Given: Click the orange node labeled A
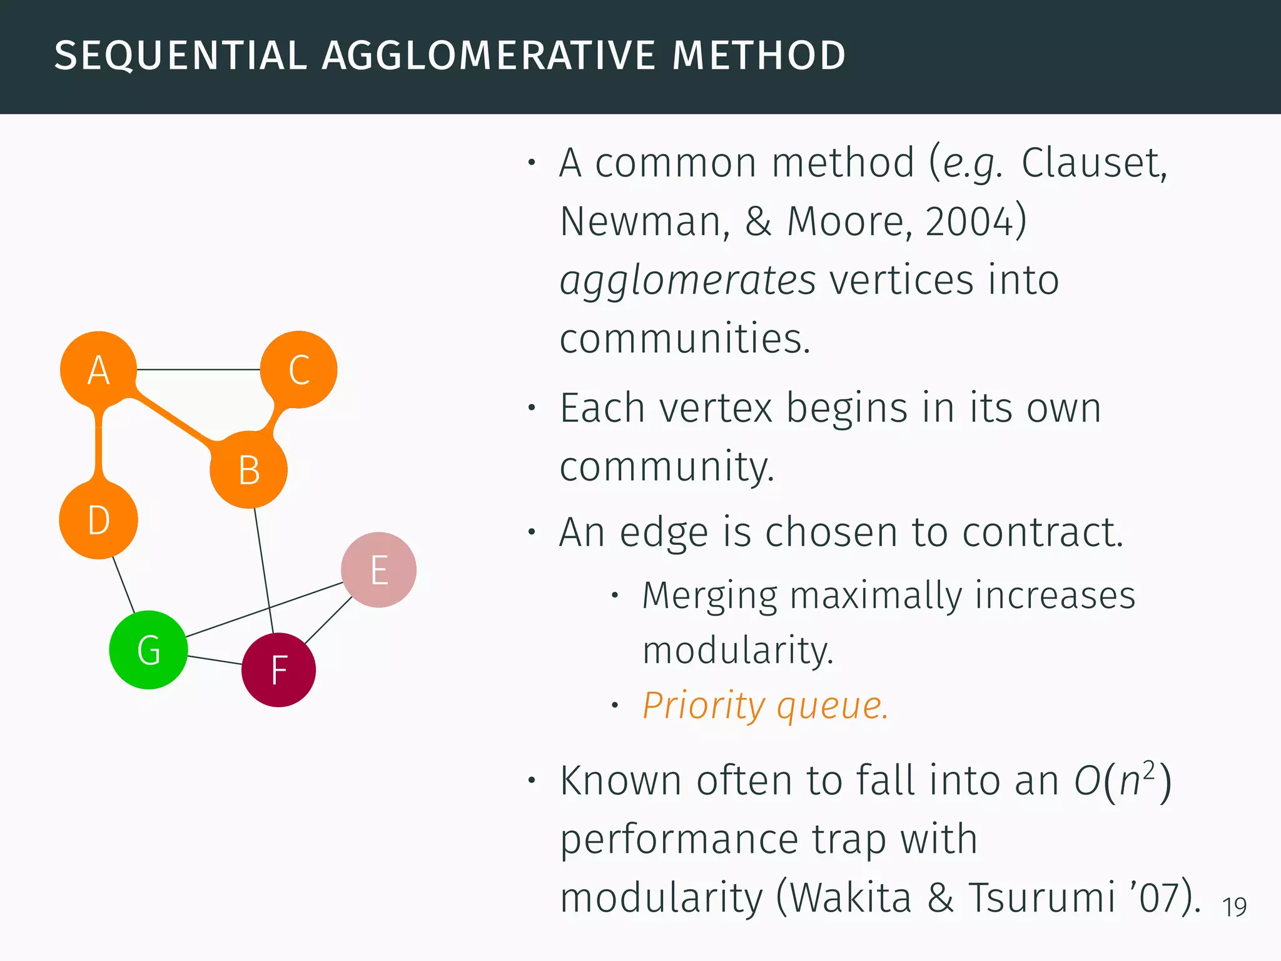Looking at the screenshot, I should tap(98, 369).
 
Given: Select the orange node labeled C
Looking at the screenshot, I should tap(299, 369).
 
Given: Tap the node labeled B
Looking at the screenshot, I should tap(249, 470).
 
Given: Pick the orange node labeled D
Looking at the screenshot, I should tap(98, 520).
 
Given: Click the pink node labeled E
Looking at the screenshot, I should tap(378, 570).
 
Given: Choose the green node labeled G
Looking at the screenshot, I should tap(148, 650).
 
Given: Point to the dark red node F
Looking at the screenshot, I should tap(278, 670).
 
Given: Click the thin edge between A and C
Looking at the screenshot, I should tap(198, 370).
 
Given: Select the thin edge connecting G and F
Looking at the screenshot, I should tap(215, 660).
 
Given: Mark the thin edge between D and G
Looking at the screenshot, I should tap(123, 584).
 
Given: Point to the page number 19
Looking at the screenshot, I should tap(1234, 907).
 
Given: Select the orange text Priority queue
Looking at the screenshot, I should tap(765, 706).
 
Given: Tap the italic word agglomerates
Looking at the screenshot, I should tap(687, 280).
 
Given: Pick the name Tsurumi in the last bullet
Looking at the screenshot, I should tap(1042, 897).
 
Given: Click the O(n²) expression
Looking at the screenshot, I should tap(1122, 781).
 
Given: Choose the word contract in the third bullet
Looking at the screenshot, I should tap(1042, 532).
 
